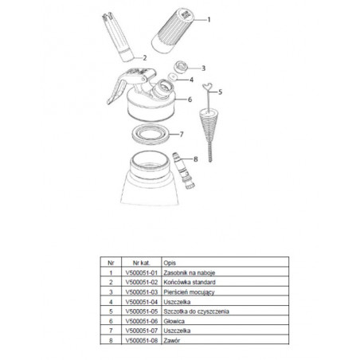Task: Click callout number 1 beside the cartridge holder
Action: [209, 20]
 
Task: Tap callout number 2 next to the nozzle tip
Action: [145, 57]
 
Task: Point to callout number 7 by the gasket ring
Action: [182, 135]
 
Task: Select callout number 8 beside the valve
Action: [196, 159]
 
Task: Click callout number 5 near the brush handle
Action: [220, 92]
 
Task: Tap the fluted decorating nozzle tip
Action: [118, 37]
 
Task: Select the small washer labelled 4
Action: [173, 77]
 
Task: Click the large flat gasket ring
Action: [151, 134]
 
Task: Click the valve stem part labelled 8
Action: [184, 170]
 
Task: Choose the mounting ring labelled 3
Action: [181, 67]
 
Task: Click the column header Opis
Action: [170, 263]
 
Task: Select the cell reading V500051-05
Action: [142, 311]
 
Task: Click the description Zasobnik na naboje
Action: [190, 272]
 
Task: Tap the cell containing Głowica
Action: [174, 321]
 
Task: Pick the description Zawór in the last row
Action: [172, 340]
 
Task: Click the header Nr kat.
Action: [142, 263]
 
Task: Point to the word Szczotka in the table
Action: [174, 311]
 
